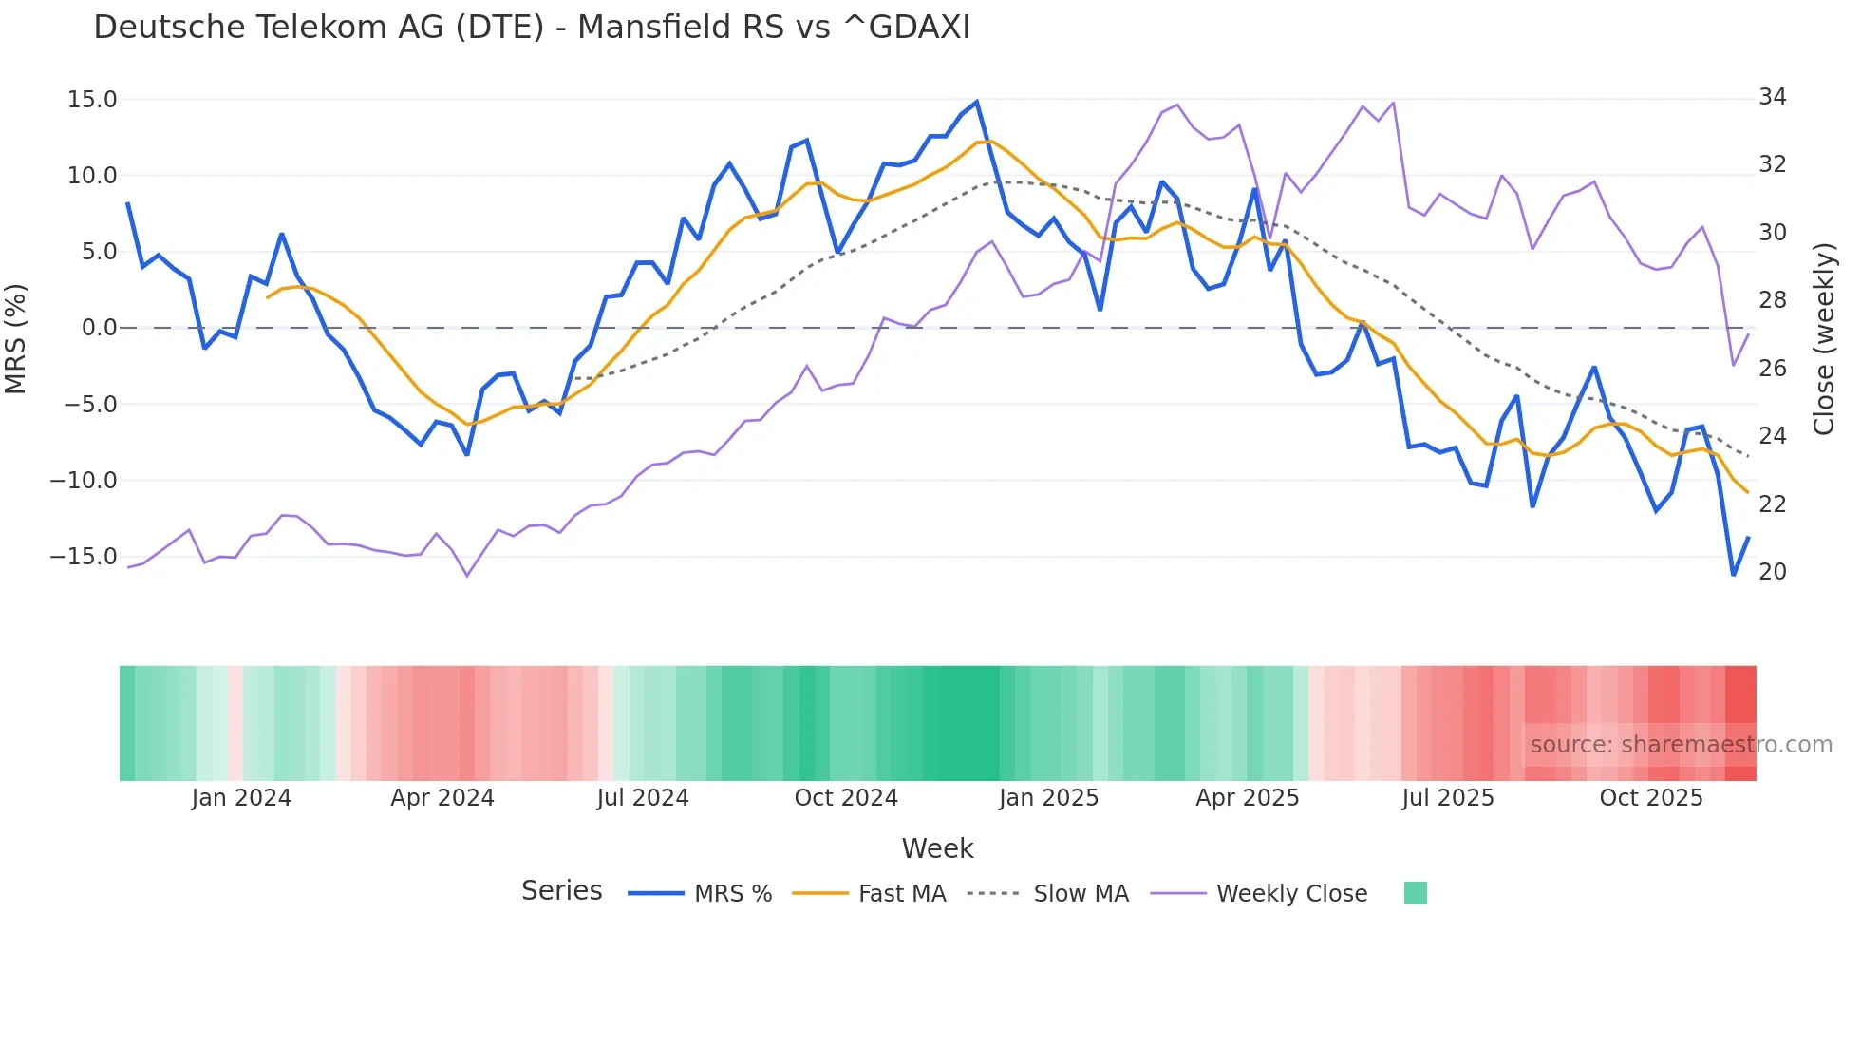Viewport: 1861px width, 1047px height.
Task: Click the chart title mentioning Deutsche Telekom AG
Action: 532,28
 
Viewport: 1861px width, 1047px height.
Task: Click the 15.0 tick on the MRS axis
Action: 92,100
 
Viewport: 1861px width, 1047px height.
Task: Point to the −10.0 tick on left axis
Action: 84,481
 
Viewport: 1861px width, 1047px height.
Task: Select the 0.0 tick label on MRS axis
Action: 99,328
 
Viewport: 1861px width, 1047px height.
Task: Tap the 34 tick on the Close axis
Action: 1772,97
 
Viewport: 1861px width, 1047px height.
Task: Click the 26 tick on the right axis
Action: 1772,369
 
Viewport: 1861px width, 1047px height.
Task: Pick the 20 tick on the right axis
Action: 1772,572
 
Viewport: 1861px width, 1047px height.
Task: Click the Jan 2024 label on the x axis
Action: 241,798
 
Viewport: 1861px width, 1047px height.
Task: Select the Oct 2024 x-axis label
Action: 846,798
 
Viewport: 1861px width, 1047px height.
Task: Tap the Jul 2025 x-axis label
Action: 1448,798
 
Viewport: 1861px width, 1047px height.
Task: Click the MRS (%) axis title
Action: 16,339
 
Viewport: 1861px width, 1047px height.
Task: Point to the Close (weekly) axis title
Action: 1824,339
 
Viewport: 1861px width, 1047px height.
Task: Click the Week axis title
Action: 937,848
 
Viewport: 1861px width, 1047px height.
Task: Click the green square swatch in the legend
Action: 1415,893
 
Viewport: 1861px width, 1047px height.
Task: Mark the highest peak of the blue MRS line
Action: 976,103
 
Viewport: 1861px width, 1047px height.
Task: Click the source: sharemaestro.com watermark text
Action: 1681,745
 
